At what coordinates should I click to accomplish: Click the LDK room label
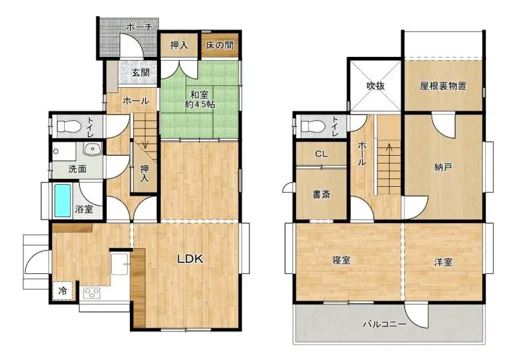click(190, 259)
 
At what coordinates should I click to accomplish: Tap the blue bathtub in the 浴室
click(62, 200)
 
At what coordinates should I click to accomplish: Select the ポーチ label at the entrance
click(139, 26)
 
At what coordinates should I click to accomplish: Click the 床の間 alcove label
click(220, 45)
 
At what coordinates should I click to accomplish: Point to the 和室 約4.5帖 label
click(200, 100)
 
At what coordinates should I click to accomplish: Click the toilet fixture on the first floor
click(69, 126)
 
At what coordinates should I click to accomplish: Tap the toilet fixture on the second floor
click(313, 126)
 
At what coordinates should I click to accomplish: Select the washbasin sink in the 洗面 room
click(92, 150)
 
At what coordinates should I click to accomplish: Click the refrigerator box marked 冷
click(62, 291)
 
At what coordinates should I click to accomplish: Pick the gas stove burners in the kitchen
click(92, 293)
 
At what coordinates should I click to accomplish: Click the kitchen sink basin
click(120, 264)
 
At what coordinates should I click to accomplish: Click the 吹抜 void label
click(375, 86)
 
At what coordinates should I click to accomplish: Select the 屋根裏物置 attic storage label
click(443, 86)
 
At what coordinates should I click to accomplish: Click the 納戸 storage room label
click(443, 167)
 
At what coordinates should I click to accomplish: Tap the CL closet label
click(321, 154)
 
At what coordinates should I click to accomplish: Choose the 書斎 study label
click(321, 195)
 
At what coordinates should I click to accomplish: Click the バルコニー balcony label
click(385, 324)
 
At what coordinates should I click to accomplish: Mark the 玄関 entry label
click(141, 72)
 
